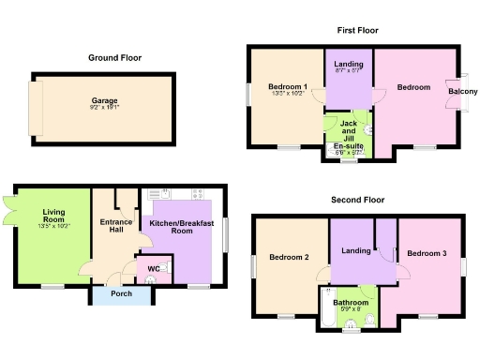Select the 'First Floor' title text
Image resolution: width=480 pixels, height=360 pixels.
tap(358, 31)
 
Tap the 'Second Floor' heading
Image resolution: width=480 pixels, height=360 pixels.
tap(358, 200)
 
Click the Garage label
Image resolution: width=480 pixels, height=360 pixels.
tap(104, 100)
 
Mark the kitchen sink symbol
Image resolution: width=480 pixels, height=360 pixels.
tap(156, 193)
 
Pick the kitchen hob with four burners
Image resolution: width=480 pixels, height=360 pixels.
tap(198, 193)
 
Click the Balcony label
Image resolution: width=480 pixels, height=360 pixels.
tap(463, 92)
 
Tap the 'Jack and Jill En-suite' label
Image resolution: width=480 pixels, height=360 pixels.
tap(347, 136)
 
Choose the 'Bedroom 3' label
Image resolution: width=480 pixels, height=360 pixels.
tap(427, 253)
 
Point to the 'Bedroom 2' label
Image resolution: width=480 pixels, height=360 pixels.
tap(289, 257)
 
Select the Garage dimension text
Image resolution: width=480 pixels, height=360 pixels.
tap(104, 108)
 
